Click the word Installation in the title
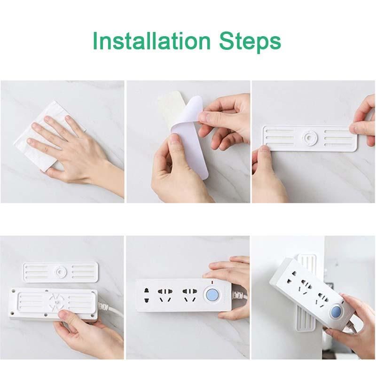tap(151, 41)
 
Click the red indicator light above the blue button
tap(211, 282)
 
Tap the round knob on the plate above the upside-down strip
tap(59, 272)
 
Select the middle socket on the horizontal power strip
tap(165, 296)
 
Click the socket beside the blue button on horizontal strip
tap(190, 296)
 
